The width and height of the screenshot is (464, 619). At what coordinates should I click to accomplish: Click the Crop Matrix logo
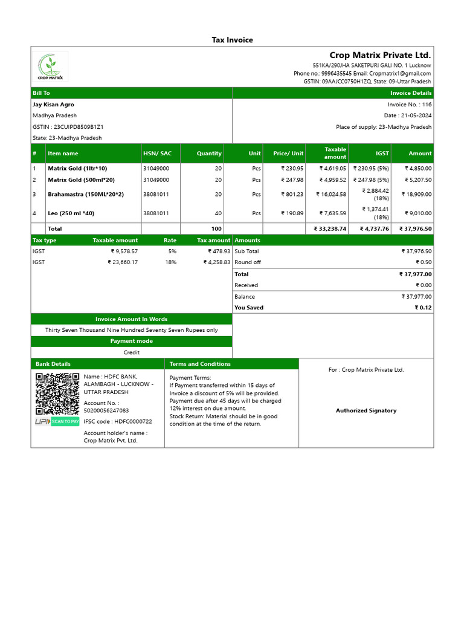tap(50, 66)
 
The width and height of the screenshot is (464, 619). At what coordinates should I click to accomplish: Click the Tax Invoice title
tap(232, 40)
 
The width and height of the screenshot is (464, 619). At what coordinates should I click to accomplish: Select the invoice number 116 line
tap(410, 105)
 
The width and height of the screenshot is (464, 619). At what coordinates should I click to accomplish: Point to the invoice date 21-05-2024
tap(408, 115)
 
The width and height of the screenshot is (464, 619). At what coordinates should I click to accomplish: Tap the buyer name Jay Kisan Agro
tap(53, 105)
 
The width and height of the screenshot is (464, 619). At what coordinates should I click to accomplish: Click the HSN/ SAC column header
tap(157, 154)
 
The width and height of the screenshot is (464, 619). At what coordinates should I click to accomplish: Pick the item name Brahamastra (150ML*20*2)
tap(85, 194)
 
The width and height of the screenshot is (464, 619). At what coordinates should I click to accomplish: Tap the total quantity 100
tap(216, 229)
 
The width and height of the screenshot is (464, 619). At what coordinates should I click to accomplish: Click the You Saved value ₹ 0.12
tap(423, 308)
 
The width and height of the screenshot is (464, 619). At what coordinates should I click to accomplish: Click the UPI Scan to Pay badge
tap(57, 421)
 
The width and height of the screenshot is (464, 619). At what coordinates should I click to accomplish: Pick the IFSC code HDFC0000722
tap(118, 421)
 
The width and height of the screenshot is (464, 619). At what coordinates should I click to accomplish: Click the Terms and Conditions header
tap(200, 364)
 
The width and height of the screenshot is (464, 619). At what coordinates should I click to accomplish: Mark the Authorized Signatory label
tap(366, 410)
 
